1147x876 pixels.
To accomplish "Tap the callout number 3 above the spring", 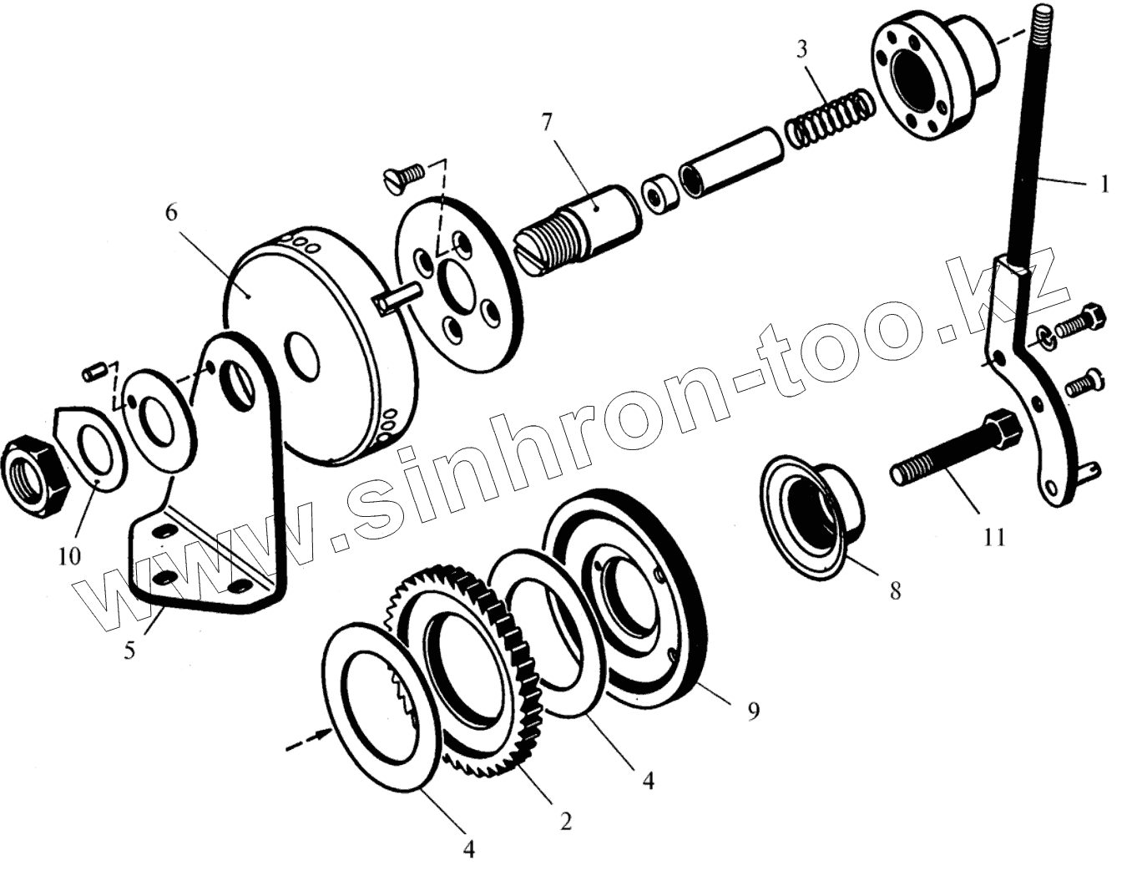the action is coord(801,48).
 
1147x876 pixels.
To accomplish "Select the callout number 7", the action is coord(547,123).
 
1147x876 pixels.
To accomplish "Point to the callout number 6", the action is coord(171,212).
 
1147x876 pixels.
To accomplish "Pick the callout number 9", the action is coord(753,711).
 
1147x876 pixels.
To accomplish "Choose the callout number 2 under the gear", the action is coord(566,822).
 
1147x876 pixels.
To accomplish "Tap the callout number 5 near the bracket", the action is coord(129,649).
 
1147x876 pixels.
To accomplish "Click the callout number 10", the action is coord(69,556).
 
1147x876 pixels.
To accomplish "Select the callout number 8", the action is coord(895,590).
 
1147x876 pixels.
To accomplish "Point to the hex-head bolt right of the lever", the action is coord(1084,321).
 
